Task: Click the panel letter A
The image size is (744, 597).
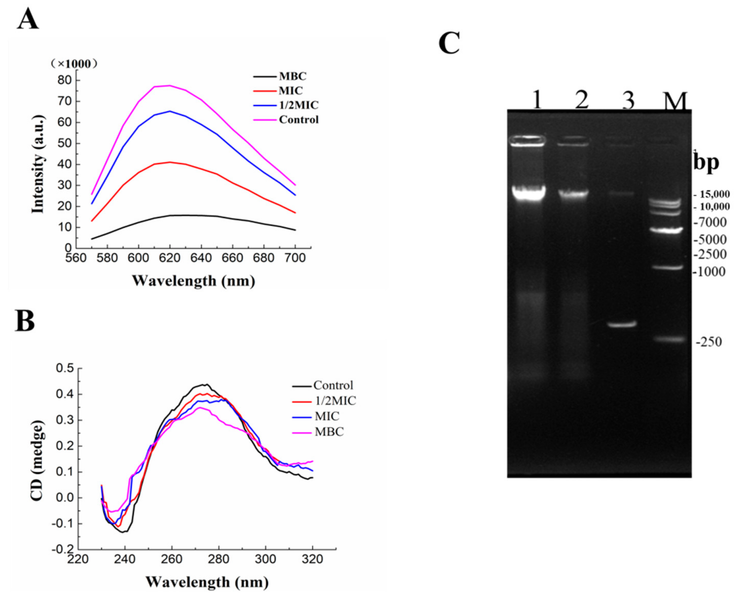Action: [28, 20]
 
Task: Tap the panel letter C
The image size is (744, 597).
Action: [449, 43]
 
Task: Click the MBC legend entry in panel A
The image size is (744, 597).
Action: [292, 76]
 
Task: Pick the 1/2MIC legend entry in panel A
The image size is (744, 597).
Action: [299, 105]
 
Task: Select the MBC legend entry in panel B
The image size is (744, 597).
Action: [329, 432]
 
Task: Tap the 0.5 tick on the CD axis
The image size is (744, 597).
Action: [65, 368]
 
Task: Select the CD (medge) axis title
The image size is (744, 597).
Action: [37, 461]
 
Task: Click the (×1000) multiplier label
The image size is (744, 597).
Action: [74, 64]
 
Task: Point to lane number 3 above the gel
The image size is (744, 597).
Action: [628, 101]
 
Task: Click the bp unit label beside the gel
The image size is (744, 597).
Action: [706, 162]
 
